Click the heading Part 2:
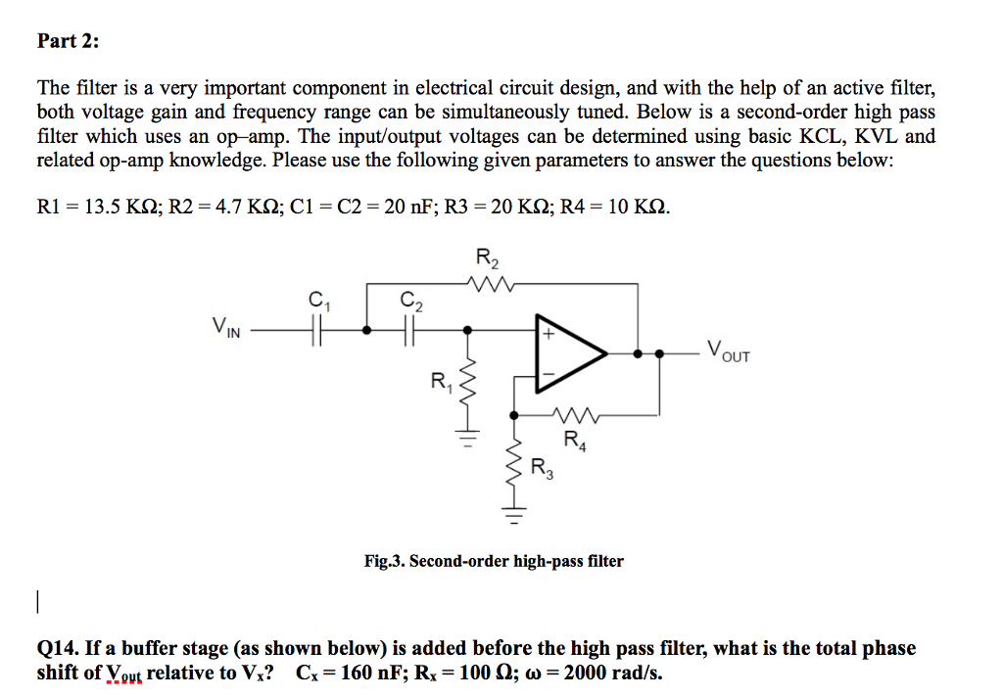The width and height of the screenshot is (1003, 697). pyautogui.click(x=68, y=41)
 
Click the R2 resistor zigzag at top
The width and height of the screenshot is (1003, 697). pyautogui.click(x=487, y=285)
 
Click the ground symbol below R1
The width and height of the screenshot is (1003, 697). pyautogui.click(x=468, y=437)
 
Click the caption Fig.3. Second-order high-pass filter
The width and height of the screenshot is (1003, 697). pyautogui.click(x=493, y=561)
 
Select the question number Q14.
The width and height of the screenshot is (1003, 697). pyautogui.click(x=57, y=648)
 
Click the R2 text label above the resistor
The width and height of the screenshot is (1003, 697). pyautogui.click(x=487, y=259)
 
